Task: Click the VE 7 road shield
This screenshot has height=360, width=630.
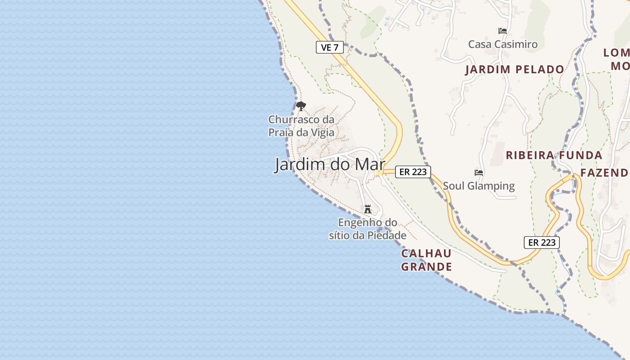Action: click(x=330, y=47)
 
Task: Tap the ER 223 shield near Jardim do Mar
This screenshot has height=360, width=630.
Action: click(x=413, y=171)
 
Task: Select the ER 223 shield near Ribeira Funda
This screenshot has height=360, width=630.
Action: click(x=542, y=242)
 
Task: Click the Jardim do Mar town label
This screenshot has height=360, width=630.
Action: click(x=330, y=165)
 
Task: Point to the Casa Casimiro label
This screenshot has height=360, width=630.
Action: click(x=503, y=44)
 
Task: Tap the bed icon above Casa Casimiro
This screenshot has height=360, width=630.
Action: click(x=503, y=31)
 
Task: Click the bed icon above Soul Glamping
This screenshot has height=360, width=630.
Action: click(x=479, y=173)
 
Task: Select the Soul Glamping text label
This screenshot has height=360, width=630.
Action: click(x=479, y=186)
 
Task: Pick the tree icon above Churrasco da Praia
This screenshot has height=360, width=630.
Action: click(x=301, y=107)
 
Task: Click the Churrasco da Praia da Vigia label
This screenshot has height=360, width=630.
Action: click(x=301, y=126)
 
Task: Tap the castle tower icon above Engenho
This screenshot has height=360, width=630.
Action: click(x=368, y=209)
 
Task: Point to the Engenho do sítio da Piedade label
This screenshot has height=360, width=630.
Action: click(x=368, y=229)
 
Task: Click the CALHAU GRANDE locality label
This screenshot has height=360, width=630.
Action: click(x=426, y=260)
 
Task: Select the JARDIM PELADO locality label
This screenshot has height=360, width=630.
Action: click(x=514, y=70)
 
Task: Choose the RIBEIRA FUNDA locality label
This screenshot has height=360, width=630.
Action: click(x=554, y=156)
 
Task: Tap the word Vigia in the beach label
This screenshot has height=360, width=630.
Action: click(x=322, y=133)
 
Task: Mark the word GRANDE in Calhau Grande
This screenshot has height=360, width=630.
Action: click(x=426, y=267)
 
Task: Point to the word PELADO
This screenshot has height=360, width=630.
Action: click(x=540, y=70)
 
